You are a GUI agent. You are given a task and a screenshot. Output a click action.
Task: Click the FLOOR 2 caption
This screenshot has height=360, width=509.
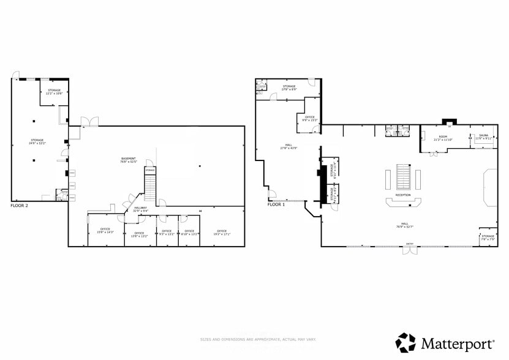click(20, 206)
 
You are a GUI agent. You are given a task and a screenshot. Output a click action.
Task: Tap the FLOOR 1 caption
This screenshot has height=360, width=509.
click(276, 204)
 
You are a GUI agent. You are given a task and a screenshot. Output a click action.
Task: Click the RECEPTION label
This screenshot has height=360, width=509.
click(402, 195)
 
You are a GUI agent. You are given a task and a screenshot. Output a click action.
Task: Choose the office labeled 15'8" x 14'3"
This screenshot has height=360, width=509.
click(105, 231)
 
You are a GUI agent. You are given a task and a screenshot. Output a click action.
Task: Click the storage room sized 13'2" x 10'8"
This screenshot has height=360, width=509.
click(55, 92)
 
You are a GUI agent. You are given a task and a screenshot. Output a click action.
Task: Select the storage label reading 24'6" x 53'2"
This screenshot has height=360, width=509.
click(37, 142)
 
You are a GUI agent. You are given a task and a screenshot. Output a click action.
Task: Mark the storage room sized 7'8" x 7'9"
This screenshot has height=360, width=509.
click(488, 237)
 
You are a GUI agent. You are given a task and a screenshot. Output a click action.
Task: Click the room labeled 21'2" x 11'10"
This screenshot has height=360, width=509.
click(443, 138)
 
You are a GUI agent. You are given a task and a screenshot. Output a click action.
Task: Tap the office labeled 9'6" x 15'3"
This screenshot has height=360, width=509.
click(309, 119)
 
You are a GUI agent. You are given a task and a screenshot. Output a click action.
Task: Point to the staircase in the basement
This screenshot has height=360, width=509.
click(150, 183)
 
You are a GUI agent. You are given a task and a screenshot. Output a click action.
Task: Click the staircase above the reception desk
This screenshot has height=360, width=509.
click(402, 176)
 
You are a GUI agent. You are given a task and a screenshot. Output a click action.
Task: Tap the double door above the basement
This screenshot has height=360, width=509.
click(89, 122)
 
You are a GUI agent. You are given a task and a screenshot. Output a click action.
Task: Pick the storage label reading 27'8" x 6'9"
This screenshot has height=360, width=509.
click(288, 88)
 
